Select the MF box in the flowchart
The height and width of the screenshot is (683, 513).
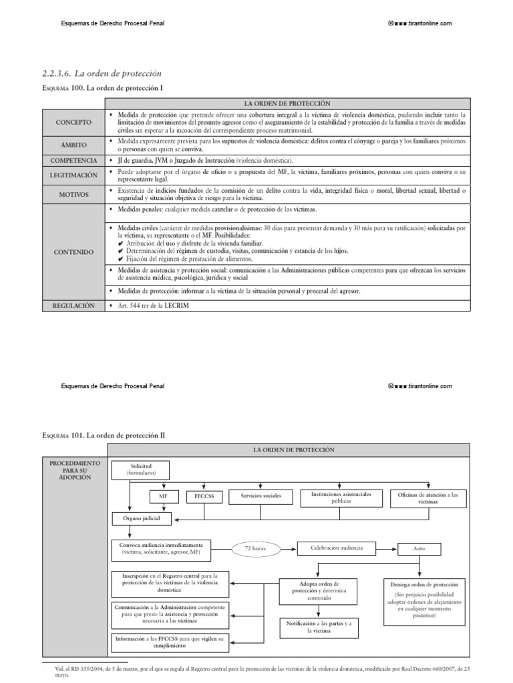(x=164, y=496)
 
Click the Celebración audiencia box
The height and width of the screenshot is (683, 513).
(x=337, y=548)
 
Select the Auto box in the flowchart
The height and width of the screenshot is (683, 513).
(x=419, y=549)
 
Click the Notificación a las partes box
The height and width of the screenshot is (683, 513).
(x=319, y=626)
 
